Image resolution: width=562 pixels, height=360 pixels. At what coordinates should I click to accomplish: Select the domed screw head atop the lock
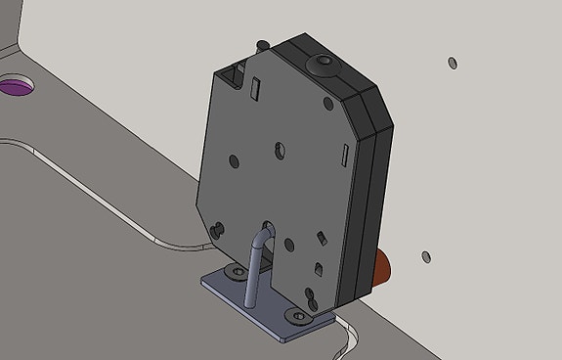click(322, 65)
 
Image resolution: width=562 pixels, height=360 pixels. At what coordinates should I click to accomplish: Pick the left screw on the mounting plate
click(235, 270)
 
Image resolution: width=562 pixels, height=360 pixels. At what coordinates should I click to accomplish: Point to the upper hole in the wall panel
click(452, 63)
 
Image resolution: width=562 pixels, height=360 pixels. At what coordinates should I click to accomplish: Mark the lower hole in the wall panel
click(426, 257)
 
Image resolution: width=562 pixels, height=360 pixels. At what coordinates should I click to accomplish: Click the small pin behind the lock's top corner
click(261, 43)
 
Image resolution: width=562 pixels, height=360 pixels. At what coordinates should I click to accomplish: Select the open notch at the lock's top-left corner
click(231, 70)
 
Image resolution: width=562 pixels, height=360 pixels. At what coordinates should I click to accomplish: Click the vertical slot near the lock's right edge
click(344, 154)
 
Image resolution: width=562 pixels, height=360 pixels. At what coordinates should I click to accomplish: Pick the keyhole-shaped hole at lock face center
click(280, 150)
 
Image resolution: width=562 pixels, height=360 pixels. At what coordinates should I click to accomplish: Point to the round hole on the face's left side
click(233, 159)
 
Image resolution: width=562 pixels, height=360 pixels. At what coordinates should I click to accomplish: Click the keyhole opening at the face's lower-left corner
click(218, 230)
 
